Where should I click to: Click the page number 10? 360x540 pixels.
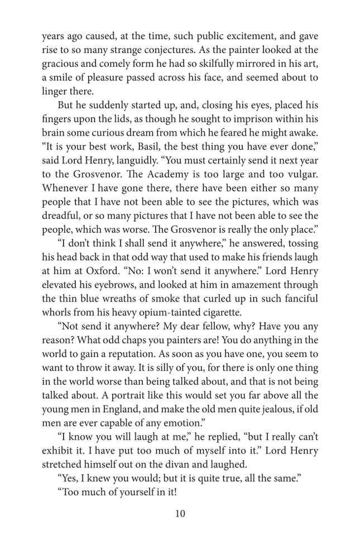[x=180, y=514]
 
